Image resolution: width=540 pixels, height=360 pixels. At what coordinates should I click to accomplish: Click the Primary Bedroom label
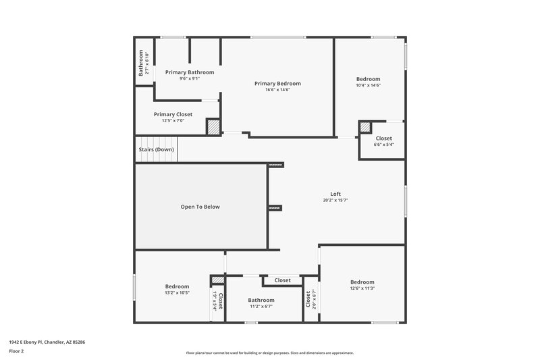(x=277, y=83)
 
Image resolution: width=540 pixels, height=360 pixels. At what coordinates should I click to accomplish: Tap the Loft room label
(x=335, y=194)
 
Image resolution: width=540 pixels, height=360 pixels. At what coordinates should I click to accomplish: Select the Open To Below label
(x=200, y=207)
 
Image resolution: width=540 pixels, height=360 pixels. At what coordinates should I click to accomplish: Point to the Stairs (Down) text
(x=156, y=149)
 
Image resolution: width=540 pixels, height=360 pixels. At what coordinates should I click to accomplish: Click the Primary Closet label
(x=173, y=114)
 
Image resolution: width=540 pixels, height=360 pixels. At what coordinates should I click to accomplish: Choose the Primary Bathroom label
(x=190, y=72)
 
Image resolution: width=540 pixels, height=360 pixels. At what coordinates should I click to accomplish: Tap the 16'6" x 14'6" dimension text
(x=277, y=90)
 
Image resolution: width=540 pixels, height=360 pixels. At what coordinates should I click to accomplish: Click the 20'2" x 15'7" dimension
(x=335, y=200)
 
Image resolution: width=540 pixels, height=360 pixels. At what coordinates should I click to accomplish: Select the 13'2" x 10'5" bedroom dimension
(x=177, y=292)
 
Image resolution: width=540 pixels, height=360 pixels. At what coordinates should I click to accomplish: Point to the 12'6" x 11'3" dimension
(x=362, y=288)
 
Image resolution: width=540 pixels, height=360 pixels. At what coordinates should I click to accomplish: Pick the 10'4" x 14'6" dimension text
(x=368, y=85)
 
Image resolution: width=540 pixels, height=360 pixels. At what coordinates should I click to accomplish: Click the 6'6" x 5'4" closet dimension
(x=383, y=145)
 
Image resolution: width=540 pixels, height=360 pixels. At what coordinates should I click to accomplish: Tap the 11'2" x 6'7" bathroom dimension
(x=261, y=306)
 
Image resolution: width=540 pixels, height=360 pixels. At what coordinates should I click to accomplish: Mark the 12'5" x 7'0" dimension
(x=173, y=121)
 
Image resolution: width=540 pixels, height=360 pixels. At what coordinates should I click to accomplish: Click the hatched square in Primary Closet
(x=213, y=127)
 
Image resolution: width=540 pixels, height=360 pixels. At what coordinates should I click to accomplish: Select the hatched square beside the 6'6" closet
(x=365, y=127)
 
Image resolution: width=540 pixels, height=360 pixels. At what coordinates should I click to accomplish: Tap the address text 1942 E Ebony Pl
(x=47, y=342)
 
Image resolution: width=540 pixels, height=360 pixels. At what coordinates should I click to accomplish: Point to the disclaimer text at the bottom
(x=269, y=353)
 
